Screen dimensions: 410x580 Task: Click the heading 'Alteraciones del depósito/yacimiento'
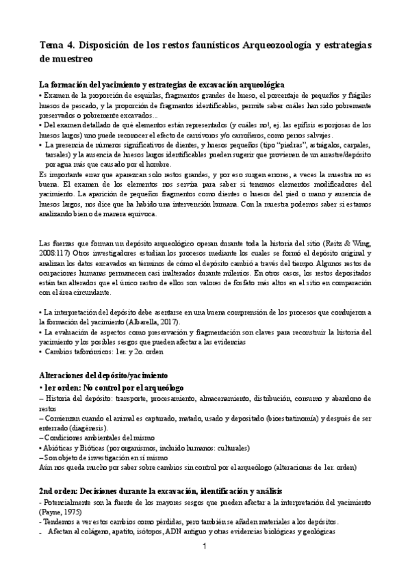[107, 377]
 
